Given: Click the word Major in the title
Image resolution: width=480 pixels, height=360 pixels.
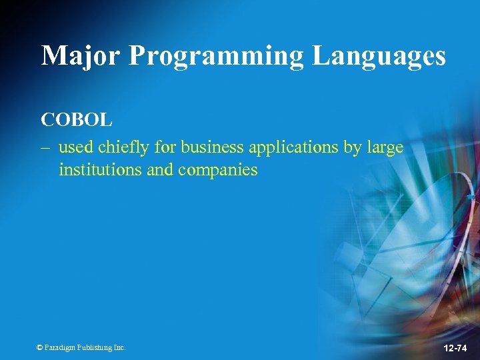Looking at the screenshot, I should [x=81, y=56].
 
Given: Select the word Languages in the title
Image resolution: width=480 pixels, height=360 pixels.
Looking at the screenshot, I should [x=379, y=56].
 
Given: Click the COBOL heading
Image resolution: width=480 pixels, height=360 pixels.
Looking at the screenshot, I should [x=77, y=120].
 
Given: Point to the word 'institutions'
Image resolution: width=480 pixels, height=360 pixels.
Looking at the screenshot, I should [x=100, y=170].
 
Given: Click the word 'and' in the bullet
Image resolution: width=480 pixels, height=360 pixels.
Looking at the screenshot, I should [x=159, y=170].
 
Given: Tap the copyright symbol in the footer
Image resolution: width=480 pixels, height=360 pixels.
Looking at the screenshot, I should [x=40, y=347].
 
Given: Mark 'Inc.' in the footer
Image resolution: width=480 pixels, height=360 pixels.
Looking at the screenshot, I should [x=119, y=347].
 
